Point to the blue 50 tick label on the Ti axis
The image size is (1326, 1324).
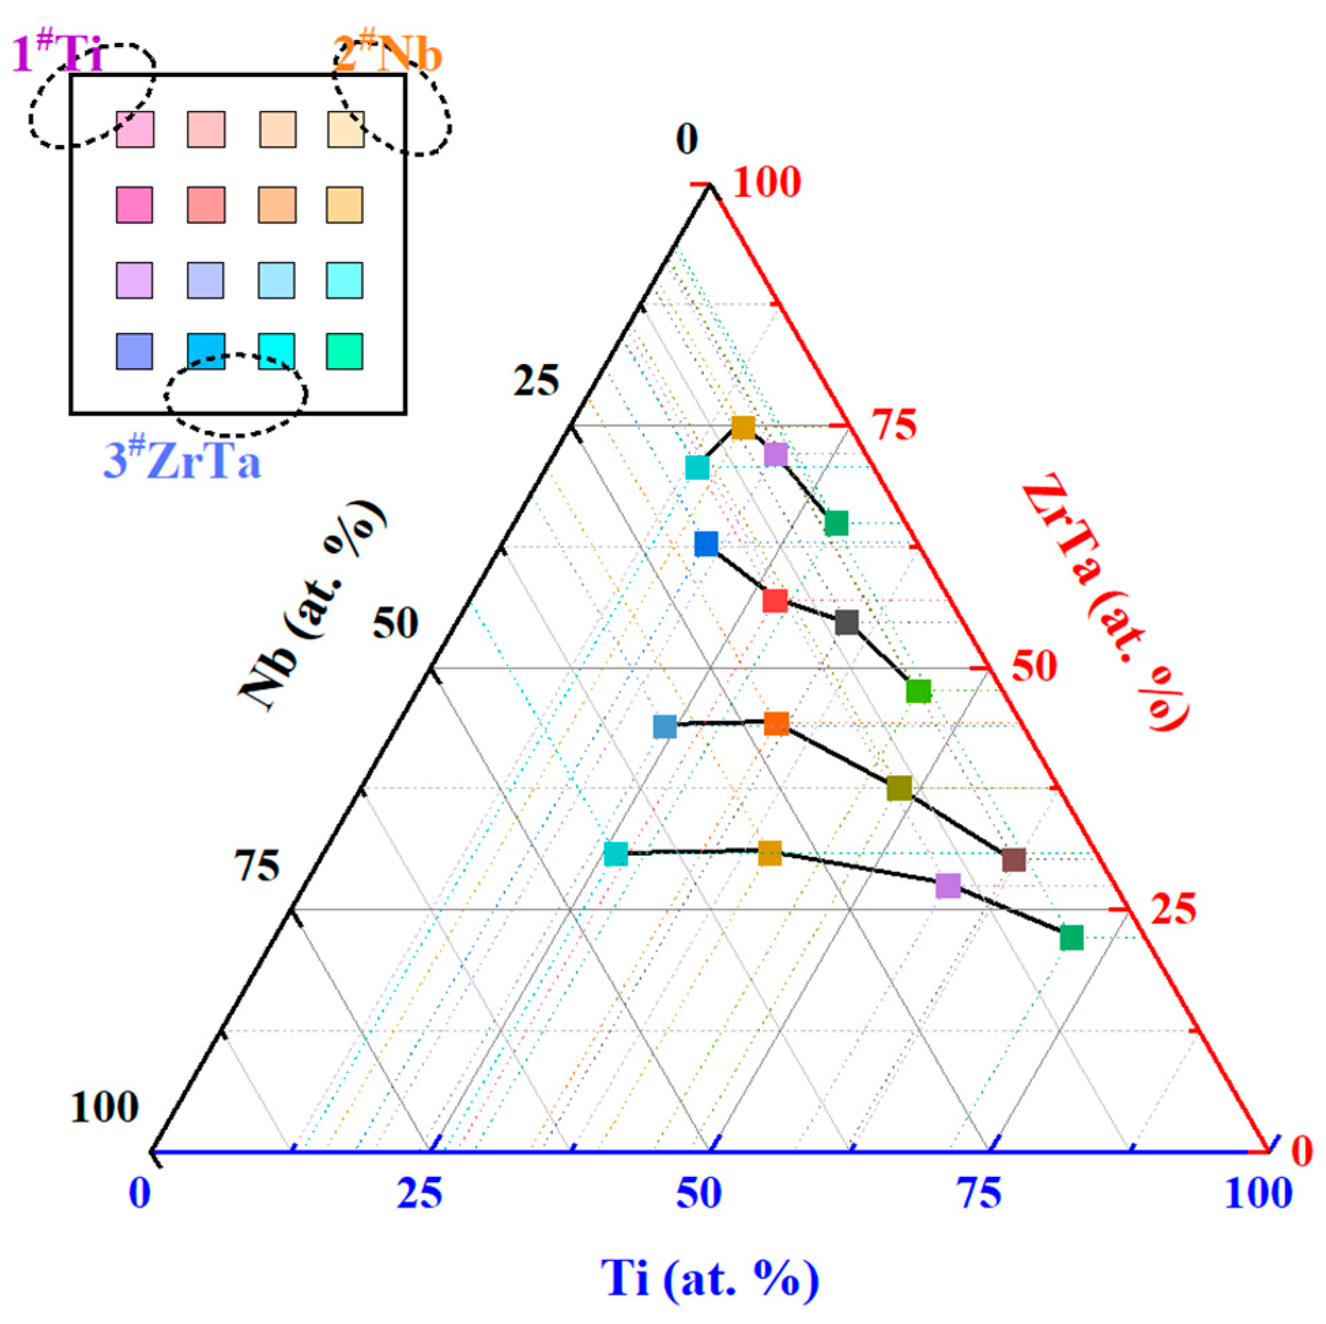(699, 1193)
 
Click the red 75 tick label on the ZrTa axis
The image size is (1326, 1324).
(893, 425)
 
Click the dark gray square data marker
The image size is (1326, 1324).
(847, 623)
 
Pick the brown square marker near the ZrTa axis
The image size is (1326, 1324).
(1014, 859)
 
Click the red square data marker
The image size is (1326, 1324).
(775, 601)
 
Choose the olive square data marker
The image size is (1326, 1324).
(899, 789)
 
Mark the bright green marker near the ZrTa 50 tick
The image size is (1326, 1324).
(918, 691)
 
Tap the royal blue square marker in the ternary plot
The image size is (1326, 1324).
(706, 544)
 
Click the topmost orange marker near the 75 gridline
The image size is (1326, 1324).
(744, 427)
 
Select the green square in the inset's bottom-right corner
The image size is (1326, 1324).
(344, 352)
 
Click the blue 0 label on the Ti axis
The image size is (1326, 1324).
(140, 1193)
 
